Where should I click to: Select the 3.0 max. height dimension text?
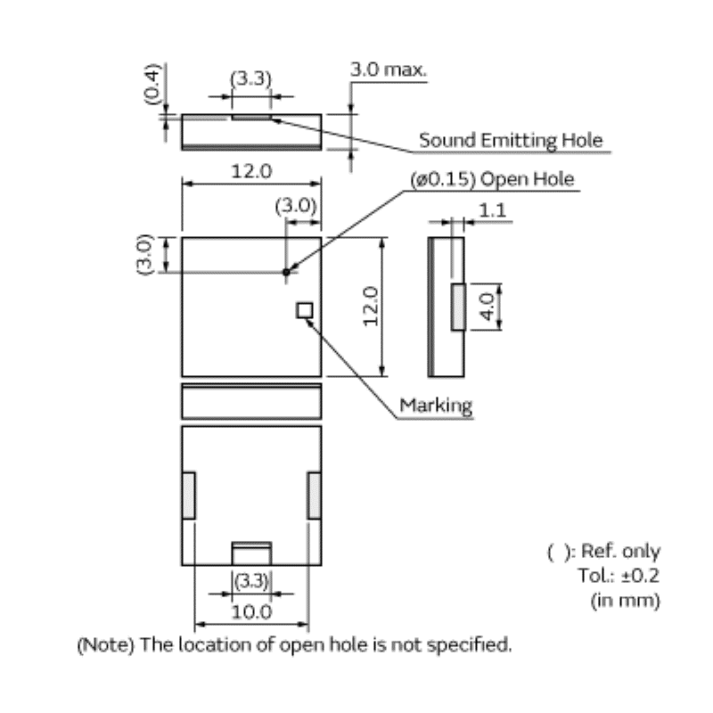coord(388,69)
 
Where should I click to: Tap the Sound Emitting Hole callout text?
coord(511,140)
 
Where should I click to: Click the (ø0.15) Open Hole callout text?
coord(493,179)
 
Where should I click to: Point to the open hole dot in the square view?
coord(286,271)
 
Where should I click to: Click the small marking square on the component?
coord(305,309)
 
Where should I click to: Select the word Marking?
coord(435,406)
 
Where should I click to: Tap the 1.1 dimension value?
coord(492,210)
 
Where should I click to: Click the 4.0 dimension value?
coord(488,307)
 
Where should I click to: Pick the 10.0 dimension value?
coord(251,612)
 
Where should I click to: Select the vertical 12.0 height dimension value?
coord(372,306)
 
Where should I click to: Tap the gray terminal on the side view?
coord(458,306)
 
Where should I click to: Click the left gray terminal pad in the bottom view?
coord(189,496)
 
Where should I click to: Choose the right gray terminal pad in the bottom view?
coord(314,496)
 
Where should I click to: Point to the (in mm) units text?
coord(626,600)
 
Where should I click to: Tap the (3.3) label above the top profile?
coord(250,78)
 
